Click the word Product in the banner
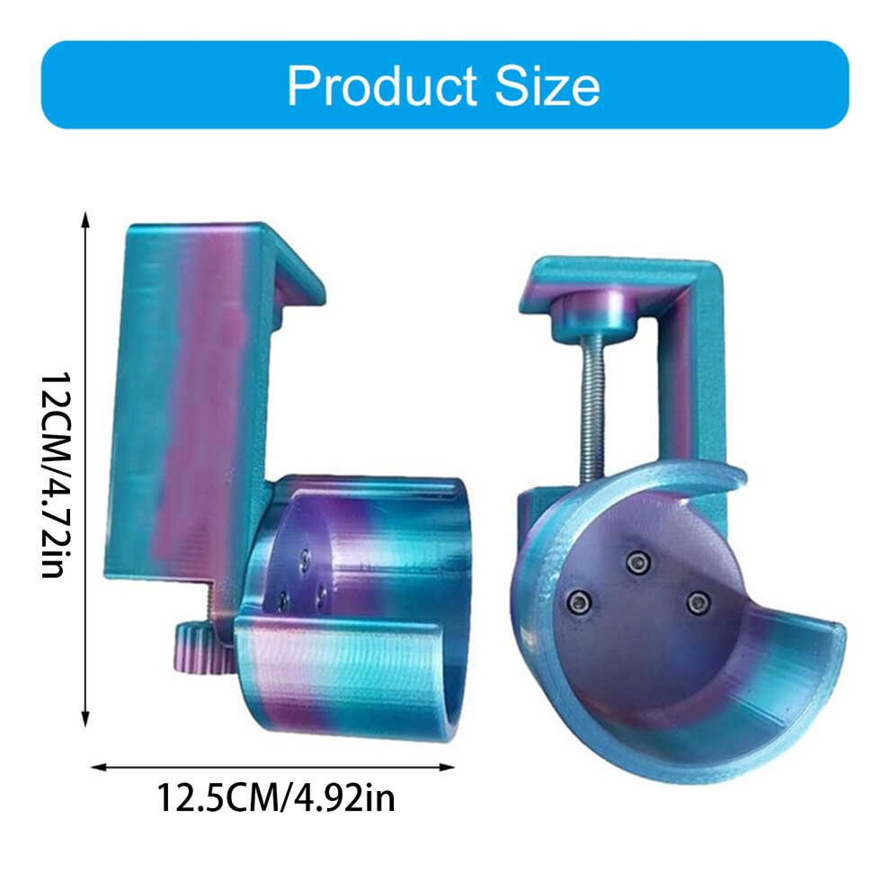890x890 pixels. (x=382, y=85)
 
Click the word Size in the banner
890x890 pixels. (x=547, y=85)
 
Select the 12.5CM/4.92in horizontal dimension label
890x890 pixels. (x=275, y=797)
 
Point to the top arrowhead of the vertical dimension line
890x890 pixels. (x=85, y=218)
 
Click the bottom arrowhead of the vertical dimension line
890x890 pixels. (x=85, y=719)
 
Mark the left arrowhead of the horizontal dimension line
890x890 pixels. (x=99, y=768)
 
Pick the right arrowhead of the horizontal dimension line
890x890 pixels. (x=448, y=768)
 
